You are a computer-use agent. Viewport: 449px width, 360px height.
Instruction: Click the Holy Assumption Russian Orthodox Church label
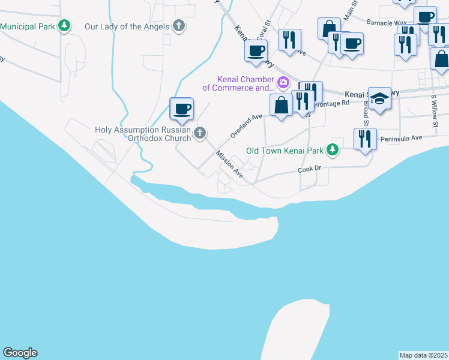pyautogui.click(x=143, y=134)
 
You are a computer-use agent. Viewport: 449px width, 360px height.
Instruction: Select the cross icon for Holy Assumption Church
pyautogui.click(x=200, y=133)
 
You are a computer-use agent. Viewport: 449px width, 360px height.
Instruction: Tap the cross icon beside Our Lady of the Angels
pyautogui.click(x=178, y=26)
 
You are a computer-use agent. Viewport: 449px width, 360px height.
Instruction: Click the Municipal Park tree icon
pyautogui.click(x=64, y=26)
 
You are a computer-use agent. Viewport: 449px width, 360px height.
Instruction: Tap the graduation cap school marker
pyautogui.click(x=379, y=98)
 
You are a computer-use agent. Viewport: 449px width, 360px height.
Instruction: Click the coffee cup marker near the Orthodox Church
pyautogui.click(x=182, y=109)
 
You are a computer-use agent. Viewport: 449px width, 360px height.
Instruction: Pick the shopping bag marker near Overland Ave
pyautogui.click(x=281, y=106)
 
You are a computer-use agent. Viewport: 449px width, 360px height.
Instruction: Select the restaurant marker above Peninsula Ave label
pyautogui.click(x=365, y=139)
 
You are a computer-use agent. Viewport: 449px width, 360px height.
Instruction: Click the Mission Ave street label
pyautogui.click(x=230, y=164)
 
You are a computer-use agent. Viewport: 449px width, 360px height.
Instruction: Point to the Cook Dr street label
pyautogui.click(x=310, y=170)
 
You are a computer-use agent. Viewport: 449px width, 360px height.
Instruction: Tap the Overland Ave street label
pyautogui.click(x=246, y=126)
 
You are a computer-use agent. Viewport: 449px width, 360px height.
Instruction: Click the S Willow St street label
pyautogui.click(x=433, y=110)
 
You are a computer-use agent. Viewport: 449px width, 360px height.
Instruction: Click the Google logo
pyautogui.click(x=20, y=353)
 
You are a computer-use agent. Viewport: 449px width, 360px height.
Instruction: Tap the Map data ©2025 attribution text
pyautogui.click(x=423, y=355)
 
